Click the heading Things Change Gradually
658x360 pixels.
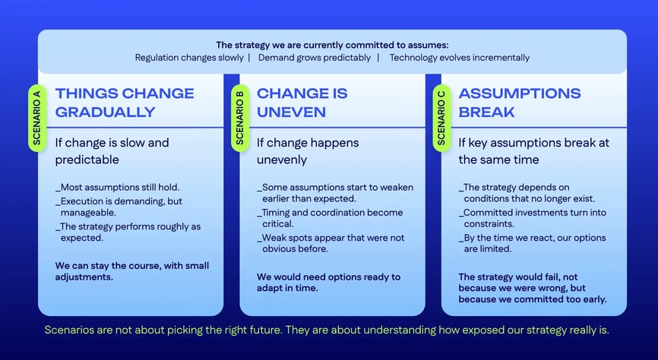point(125,103)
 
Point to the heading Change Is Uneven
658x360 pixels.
point(302,103)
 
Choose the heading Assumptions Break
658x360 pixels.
point(520,103)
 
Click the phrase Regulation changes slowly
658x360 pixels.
point(189,58)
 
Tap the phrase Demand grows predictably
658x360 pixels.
point(315,58)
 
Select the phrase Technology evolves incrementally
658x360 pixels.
point(460,58)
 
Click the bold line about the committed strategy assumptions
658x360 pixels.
point(332,45)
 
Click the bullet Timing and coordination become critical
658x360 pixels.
point(331,218)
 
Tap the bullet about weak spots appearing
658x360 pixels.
point(331,243)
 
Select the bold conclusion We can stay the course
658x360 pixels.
point(131,271)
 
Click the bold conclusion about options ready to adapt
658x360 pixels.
point(328,282)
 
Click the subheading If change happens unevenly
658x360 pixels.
point(308,151)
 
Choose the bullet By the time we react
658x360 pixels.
point(533,243)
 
